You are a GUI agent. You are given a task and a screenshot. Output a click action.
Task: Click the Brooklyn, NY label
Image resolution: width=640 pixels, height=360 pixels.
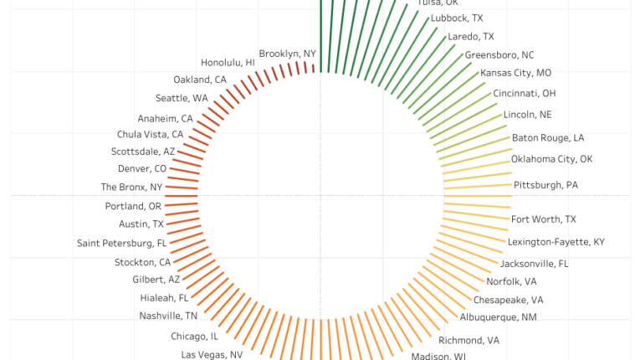tap(287, 54)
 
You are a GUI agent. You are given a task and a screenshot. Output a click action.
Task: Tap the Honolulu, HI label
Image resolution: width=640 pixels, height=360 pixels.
tap(228, 63)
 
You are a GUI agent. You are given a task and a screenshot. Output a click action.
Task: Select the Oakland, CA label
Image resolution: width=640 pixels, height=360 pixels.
tap(200, 80)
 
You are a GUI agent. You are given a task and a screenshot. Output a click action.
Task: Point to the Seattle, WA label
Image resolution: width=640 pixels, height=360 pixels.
tap(182, 99)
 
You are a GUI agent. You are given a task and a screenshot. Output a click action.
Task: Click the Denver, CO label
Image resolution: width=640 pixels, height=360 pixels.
tap(142, 169)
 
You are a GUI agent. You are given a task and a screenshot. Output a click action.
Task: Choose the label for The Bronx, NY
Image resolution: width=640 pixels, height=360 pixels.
tap(131, 188)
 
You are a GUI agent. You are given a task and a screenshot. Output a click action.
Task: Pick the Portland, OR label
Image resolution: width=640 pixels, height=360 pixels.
tap(133, 207)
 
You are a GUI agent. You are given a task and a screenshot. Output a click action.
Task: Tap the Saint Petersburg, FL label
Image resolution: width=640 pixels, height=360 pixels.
tap(121, 244)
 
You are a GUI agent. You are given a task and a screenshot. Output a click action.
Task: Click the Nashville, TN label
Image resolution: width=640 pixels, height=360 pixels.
tap(168, 316)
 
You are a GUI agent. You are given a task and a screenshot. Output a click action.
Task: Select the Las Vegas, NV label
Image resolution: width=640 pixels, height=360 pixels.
tap(212, 355)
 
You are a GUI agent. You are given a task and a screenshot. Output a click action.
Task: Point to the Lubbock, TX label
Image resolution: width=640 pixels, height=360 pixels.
tap(456, 18)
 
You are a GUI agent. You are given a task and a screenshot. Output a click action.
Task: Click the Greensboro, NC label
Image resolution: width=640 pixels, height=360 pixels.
tap(499, 55)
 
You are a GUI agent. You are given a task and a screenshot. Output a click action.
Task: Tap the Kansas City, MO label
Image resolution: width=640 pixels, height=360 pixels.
tap(515, 74)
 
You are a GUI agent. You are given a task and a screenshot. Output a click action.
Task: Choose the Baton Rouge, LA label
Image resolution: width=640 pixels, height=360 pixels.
tap(547, 138)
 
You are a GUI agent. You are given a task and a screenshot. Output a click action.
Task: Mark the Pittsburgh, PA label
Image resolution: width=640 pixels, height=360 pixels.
tap(545, 185)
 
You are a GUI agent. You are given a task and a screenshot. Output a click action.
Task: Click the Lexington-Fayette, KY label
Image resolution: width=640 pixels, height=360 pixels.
tap(556, 242)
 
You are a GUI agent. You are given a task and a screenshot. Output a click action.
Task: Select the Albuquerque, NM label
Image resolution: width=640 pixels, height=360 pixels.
tap(498, 317)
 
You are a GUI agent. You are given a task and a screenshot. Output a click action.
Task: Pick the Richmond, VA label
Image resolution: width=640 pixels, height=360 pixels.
tap(468, 341)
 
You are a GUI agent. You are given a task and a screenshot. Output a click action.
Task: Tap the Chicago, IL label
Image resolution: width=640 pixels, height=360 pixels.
tap(194, 337)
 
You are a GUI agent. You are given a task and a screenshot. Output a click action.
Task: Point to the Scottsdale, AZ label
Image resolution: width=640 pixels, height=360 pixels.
tap(143, 152)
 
